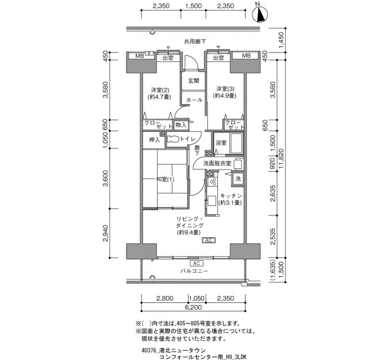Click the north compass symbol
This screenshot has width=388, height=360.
pyautogui.click(x=259, y=14)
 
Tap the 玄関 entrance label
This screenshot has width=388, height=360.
pyautogui.click(x=193, y=81)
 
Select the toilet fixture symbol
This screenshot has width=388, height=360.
pyautogui.click(x=173, y=140)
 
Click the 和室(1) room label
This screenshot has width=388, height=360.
pyautogui.click(x=165, y=179)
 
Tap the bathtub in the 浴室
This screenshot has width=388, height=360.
pyautogui.click(x=236, y=143)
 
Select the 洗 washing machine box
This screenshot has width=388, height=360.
pyautogui.click(x=238, y=178)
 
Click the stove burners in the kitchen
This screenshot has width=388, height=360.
pyautogui.click(x=213, y=182)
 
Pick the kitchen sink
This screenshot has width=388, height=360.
pyautogui.click(x=212, y=200)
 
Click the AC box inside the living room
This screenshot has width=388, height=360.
pyautogui.click(x=209, y=240)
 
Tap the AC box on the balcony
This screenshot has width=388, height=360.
pyautogui.click(x=196, y=263)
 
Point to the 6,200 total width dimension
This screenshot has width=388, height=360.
pyautogui.click(x=193, y=307)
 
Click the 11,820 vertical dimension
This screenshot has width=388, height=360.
pyautogui.click(x=280, y=158)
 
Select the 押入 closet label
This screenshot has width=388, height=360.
pyautogui.click(x=155, y=140)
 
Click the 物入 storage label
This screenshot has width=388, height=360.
pyautogui.click(x=181, y=125)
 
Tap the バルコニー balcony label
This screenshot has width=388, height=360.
pyautogui.click(x=194, y=271)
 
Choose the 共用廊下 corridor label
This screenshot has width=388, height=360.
pyautogui.click(x=195, y=42)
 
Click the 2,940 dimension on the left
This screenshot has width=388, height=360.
pyautogui.click(x=106, y=233)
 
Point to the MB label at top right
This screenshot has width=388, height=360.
pyautogui.click(x=246, y=55)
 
